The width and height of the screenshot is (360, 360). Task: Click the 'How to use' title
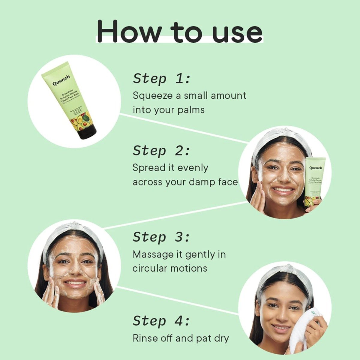tap(179, 31)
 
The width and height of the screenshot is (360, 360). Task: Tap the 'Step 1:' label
tap(162, 79)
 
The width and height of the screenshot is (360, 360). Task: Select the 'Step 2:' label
tap(161, 151)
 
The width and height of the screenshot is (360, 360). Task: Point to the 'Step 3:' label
tap(161, 237)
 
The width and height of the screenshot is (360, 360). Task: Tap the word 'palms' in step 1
tap(191, 110)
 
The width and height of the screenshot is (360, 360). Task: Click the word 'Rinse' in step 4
tap(145, 338)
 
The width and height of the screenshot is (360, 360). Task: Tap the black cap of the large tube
tap(88, 132)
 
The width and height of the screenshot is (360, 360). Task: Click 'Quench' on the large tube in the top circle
tap(61, 80)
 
